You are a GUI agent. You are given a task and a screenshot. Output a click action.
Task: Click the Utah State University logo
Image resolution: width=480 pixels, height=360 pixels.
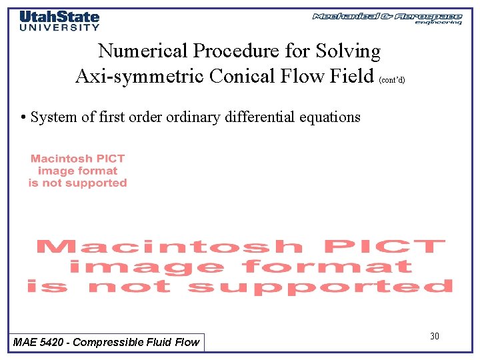(x=59, y=20)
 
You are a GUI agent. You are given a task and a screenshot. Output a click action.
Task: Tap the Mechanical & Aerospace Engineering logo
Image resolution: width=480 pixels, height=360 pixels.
(x=387, y=18)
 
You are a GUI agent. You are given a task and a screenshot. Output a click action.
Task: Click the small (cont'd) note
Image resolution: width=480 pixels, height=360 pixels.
(x=391, y=79)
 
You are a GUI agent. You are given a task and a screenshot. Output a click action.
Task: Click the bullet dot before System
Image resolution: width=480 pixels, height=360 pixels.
(x=23, y=117)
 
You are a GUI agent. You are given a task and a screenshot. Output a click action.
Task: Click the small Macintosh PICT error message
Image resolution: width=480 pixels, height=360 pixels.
(x=77, y=171)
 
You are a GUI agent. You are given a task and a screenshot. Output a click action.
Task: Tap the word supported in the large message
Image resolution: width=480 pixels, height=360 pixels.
(x=320, y=287)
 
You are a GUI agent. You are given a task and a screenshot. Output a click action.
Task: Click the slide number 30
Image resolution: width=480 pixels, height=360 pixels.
(x=435, y=336)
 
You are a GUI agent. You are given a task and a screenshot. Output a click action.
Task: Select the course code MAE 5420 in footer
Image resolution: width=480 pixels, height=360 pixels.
(x=39, y=342)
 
